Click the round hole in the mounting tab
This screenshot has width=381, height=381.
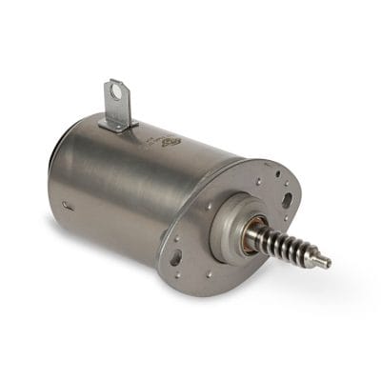116,93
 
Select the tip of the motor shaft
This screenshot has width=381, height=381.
327,262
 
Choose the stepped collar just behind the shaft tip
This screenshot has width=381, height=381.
320,258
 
